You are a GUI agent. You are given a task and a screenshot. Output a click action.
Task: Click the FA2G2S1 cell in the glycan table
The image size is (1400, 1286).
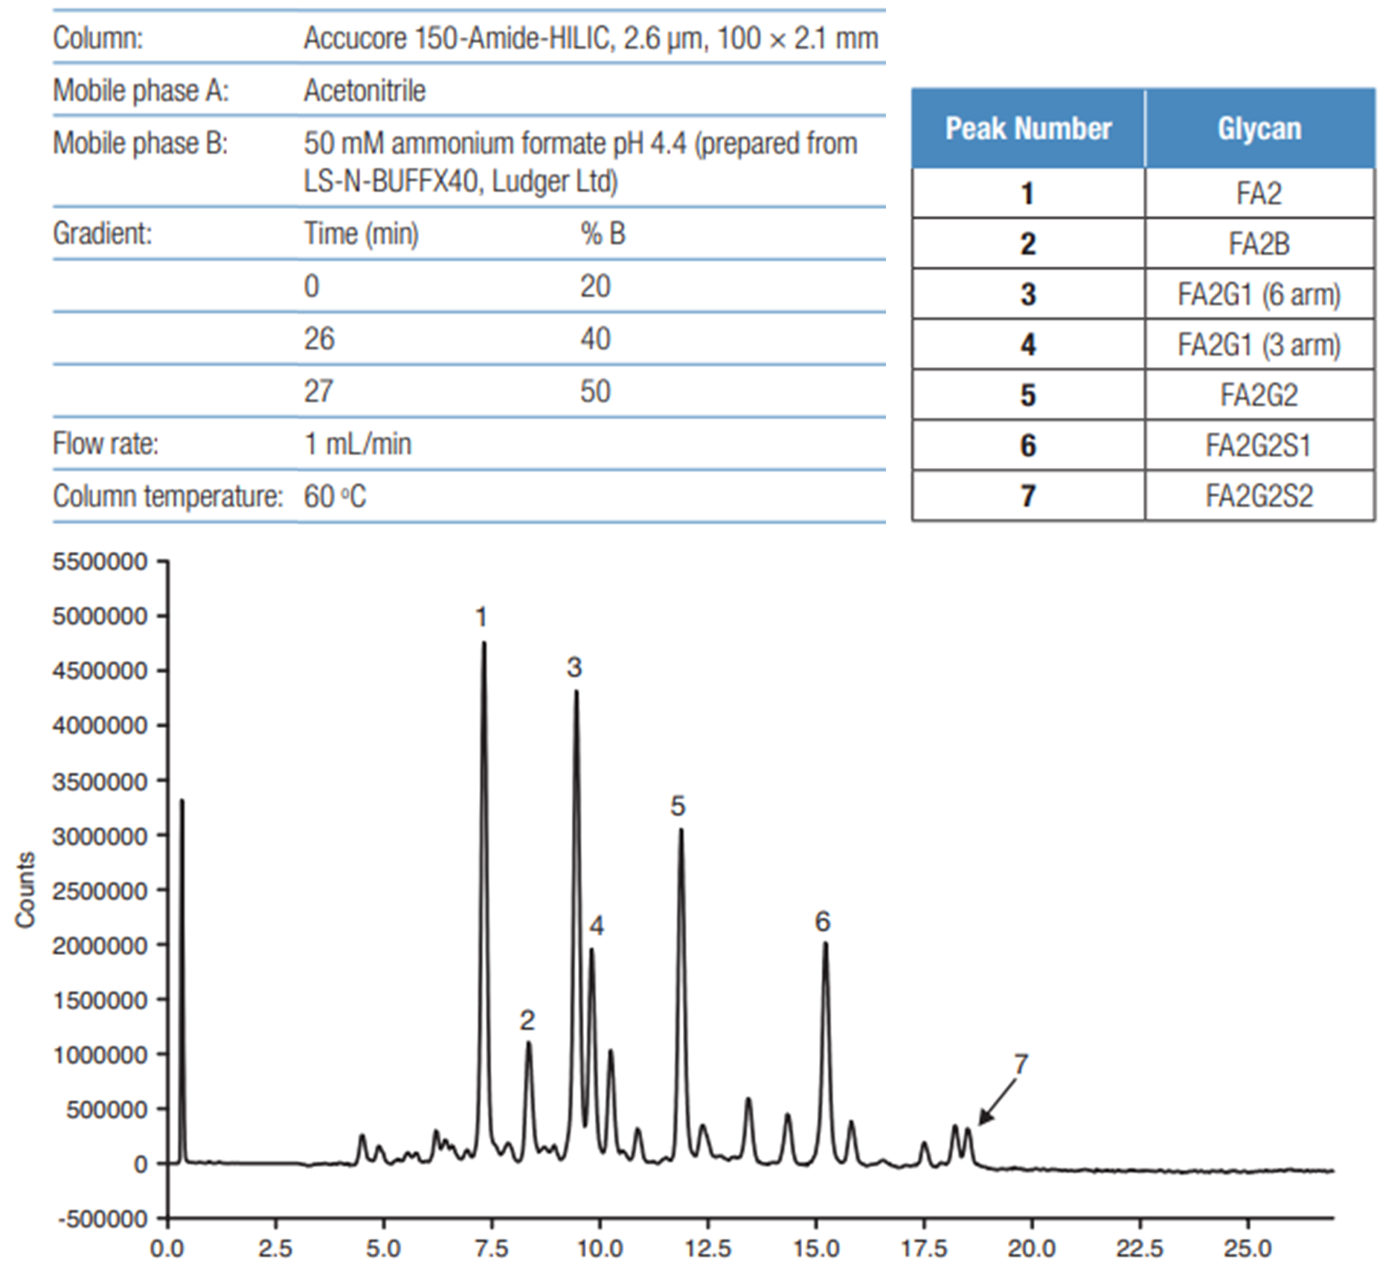[x=1259, y=446]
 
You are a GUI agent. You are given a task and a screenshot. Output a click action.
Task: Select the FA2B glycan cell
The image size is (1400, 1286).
[x=1259, y=244]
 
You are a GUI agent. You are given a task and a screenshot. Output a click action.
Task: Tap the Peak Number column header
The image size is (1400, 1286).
[x=1028, y=129]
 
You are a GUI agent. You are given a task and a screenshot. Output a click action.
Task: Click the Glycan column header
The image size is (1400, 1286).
[x=1259, y=129]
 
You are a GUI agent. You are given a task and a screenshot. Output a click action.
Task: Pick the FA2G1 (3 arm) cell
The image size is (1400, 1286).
[x=1259, y=345]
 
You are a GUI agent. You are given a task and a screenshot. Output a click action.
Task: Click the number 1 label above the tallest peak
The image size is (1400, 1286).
[x=481, y=617]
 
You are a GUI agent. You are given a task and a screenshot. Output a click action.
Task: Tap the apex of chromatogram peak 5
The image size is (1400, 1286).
[x=681, y=831]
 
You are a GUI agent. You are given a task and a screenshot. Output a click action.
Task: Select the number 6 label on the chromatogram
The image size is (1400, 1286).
[x=822, y=922]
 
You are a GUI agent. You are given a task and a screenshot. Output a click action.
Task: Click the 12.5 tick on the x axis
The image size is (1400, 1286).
[x=707, y=1247]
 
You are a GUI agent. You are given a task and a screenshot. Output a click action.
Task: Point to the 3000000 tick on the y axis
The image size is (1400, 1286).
[x=100, y=836]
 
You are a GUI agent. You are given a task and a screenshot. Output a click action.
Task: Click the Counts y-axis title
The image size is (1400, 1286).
[x=25, y=890]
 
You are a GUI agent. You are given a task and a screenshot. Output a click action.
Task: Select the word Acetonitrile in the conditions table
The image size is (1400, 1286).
[x=365, y=91]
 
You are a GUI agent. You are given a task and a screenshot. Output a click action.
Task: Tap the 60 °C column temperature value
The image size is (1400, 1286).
[x=335, y=496]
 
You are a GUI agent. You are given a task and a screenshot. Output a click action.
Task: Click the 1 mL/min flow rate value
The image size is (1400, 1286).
[x=357, y=444]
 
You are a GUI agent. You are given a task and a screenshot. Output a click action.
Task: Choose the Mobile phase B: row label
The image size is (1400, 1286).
[x=140, y=144]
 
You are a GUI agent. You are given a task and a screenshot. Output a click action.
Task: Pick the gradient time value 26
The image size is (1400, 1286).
[x=318, y=339]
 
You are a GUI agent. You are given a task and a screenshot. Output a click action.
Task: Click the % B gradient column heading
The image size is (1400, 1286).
[x=603, y=234]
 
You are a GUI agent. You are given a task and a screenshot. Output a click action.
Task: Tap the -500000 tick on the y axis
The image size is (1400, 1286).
[x=100, y=1219]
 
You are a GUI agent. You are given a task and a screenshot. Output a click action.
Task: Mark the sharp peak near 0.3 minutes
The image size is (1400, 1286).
[x=182, y=802]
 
